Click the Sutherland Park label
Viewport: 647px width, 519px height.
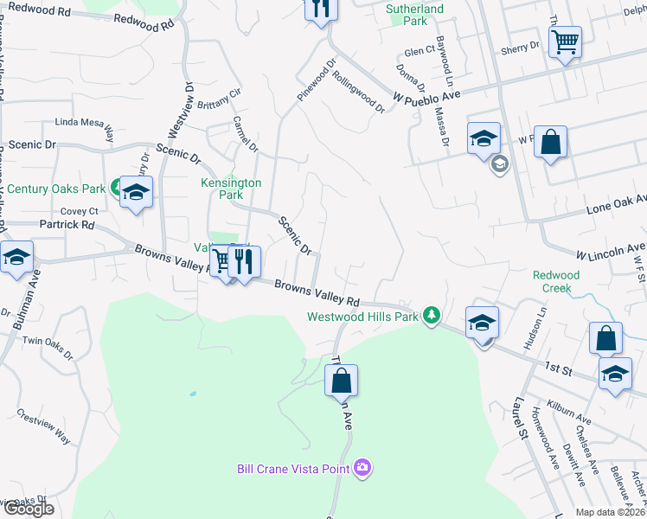[x=414, y=15]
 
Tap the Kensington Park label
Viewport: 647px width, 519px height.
[x=231, y=189]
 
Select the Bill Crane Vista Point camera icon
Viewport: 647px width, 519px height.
[x=362, y=468]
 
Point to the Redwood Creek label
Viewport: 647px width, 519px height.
[x=556, y=281]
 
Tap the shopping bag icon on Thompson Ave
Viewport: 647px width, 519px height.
[x=342, y=380]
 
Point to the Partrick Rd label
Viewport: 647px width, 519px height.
[x=67, y=224]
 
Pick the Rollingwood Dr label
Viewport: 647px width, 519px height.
[x=358, y=91]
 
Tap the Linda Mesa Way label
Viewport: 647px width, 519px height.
[x=85, y=127]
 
